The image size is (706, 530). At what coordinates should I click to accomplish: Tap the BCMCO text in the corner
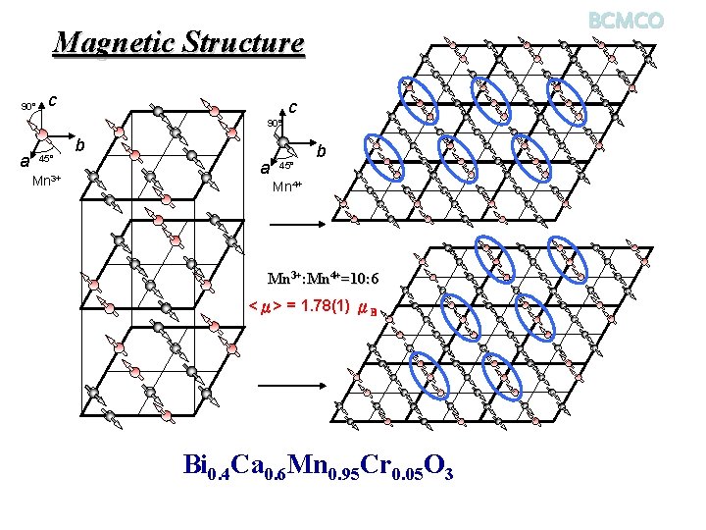(627, 20)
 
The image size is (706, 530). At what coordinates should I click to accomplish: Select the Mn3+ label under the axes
(47, 181)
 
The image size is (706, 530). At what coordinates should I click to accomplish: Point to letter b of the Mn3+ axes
(81, 145)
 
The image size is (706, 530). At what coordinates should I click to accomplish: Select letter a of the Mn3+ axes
(26, 162)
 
